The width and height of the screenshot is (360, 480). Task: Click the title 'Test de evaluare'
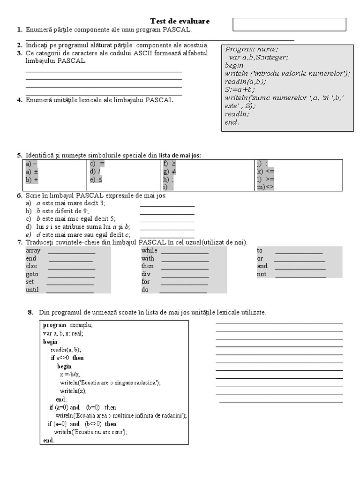[x=180, y=22]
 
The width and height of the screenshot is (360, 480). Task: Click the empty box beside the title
[x=289, y=24]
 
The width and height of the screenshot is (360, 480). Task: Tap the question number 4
[x=20, y=100]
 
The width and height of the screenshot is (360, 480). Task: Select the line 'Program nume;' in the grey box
[x=252, y=49]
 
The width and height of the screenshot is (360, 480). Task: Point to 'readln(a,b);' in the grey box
[x=245, y=81]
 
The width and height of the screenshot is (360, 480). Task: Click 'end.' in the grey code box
[x=232, y=122]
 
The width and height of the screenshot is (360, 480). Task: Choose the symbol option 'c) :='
[x=97, y=164]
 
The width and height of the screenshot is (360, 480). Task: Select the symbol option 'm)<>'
[x=265, y=187]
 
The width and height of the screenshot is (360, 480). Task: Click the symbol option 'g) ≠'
[x=170, y=172]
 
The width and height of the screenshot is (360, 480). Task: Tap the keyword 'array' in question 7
[x=33, y=250]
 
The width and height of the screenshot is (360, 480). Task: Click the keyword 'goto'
[x=32, y=274]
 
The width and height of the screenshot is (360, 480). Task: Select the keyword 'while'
[x=150, y=250]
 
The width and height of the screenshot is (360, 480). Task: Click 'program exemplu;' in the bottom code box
[x=68, y=325]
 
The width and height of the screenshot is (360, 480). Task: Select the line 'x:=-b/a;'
[x=70, y=374]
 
